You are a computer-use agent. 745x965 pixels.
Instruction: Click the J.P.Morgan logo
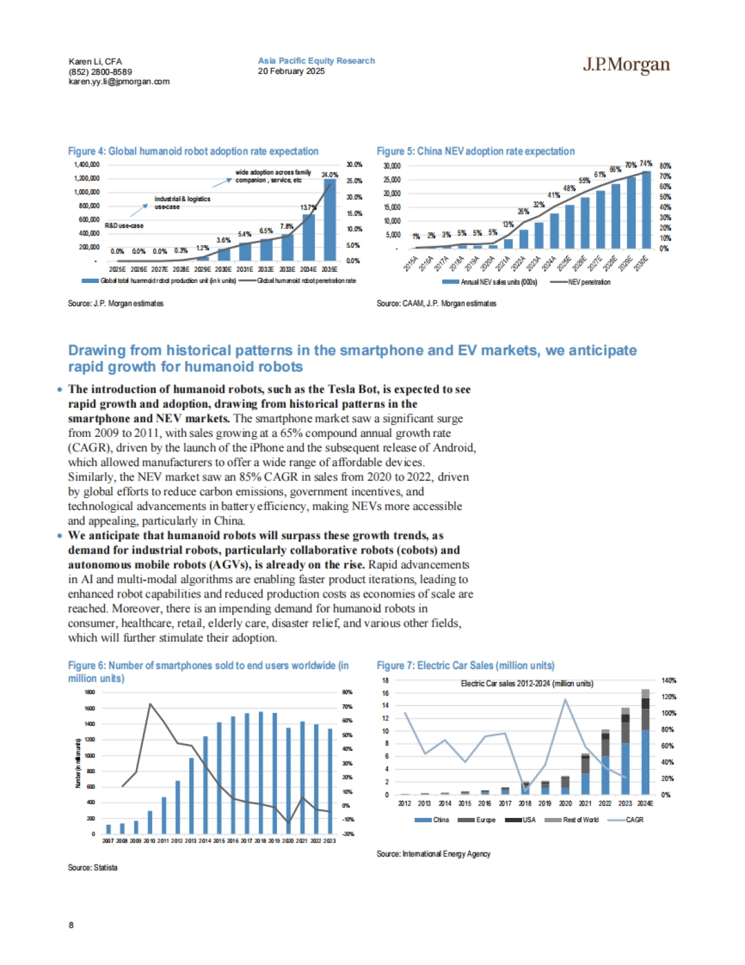[x=626, y=65]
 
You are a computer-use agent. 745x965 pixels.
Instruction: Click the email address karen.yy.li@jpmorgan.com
[x=119, y=81]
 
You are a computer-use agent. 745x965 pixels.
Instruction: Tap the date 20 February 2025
[x=291, y=71]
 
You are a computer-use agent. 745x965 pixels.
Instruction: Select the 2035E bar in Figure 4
[x=330, y=220]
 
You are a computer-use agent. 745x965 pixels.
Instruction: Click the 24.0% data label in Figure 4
[x=329, y=175]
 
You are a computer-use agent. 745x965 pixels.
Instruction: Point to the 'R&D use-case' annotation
[x=124, y=226]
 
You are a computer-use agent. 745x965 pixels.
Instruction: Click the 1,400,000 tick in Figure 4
[x=87, y=164]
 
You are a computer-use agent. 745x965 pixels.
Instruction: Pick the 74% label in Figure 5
[x=646, y=164]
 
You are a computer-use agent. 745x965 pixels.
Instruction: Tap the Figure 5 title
[x=476, y=151]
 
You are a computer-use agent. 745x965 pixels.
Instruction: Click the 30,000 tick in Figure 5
[x=392, y=166]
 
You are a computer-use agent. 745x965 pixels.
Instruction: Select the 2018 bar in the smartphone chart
[x=261, y=773]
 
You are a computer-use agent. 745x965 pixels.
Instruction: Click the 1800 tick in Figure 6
[x=90, y=692]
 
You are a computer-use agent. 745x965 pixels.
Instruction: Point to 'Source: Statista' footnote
[x=93, y=868]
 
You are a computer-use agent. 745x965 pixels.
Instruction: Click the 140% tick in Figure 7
[x=669, y=681]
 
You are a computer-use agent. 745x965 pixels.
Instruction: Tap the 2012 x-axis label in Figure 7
[x=404, y=804]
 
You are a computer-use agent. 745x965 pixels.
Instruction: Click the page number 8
[x=71, y=925]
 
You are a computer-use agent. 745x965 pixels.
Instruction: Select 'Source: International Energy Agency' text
[x=433, y=854]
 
